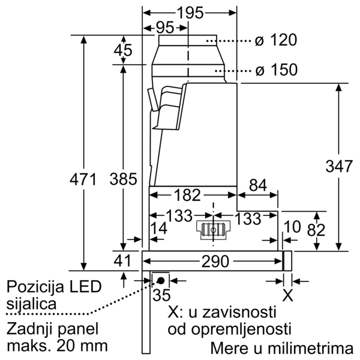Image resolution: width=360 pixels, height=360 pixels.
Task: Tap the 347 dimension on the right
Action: pos(340,166)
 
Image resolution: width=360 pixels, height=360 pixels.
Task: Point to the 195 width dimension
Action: pos(191,13)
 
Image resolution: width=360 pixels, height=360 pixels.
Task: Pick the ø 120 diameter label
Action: pos(275,41)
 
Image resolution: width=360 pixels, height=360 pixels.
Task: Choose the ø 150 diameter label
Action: pos(275,70)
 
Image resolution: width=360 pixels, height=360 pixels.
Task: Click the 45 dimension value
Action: pos(123,51)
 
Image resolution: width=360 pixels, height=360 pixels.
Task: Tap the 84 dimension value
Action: pos(257,186)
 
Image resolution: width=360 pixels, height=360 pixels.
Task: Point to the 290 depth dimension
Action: pos(215,262)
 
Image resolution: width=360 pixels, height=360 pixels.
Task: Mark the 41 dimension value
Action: pos(123,261)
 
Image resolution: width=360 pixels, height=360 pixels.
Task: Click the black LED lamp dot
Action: pos(161,280)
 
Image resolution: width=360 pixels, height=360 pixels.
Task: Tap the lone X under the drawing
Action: pos(288,295)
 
